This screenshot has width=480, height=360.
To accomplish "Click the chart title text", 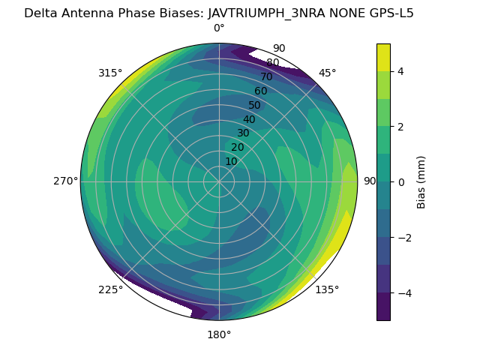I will [x=219, y=13].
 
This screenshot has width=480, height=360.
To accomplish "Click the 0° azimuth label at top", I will [x=219, y=28].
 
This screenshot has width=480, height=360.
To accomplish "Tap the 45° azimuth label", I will [x=327, y=73].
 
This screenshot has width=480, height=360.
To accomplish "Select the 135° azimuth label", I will [x=327, y=289].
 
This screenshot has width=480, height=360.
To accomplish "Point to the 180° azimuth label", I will [x=219, y=334].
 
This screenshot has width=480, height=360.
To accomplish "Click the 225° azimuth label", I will [x=110, y=290].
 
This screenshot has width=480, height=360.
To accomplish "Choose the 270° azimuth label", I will [x=66, y=181].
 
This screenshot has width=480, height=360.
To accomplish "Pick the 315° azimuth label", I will [x=110, y=73].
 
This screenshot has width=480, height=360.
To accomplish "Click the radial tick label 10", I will [x=231, y=161].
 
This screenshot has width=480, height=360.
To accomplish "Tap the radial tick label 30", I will [x=243, y=133].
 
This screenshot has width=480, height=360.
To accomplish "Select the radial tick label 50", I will [x=254, y=105].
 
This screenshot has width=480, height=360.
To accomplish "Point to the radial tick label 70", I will [x=266, y=76].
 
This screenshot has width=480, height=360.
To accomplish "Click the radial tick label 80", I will [x=272, y=62].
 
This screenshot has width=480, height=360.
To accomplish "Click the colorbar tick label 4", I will [x=401, y=71].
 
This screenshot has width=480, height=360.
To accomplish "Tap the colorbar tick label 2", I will [x=401, y=127].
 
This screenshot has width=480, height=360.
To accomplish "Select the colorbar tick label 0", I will [x=401, y=182].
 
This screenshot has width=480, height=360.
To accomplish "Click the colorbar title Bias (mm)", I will [x=421, y=182].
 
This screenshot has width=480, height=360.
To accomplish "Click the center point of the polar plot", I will [x=219, y=181].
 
